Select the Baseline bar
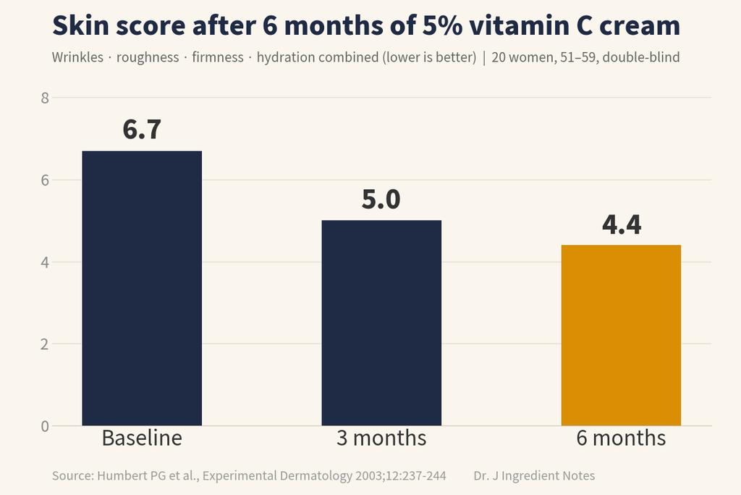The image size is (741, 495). point(142,288)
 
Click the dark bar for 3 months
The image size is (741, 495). point(381,323)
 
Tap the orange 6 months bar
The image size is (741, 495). point(621,335)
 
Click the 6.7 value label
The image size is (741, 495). point(142,129)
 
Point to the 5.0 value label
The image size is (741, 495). point(381,199)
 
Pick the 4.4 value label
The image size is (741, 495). point(622,225)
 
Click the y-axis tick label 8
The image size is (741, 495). point(45,98)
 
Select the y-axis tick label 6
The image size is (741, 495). point(45,180)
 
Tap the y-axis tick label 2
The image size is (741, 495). point(45,344)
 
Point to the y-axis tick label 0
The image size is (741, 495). point(45,426)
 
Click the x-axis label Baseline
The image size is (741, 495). point(142,438)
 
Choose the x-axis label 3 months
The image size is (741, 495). point(381,438)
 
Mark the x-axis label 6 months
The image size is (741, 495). point(621,438)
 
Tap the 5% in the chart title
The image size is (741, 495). point(442,25)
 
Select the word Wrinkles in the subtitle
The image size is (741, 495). point(77,57)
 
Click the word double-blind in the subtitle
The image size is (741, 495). point(641,57)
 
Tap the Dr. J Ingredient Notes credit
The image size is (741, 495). point(534,475)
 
